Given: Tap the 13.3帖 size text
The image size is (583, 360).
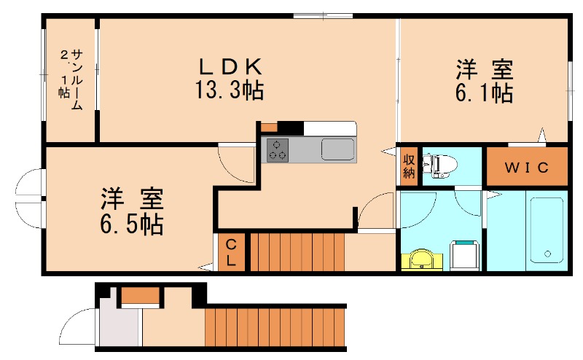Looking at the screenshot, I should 229,91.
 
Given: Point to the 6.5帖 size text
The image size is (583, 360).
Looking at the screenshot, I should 132,222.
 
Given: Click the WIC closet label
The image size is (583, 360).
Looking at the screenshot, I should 526,168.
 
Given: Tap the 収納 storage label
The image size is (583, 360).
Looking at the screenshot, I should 410,165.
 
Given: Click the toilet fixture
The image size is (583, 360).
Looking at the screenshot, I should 439,165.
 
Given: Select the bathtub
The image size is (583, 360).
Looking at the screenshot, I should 547,229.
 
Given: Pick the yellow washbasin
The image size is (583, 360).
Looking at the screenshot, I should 420,259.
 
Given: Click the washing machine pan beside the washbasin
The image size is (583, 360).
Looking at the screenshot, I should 464,256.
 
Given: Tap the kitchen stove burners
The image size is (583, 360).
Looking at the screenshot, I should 277,149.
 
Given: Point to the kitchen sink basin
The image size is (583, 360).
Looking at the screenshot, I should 337,149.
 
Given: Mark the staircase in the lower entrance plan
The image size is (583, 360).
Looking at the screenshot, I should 274,326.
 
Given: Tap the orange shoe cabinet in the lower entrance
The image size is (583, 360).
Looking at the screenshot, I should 140,295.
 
